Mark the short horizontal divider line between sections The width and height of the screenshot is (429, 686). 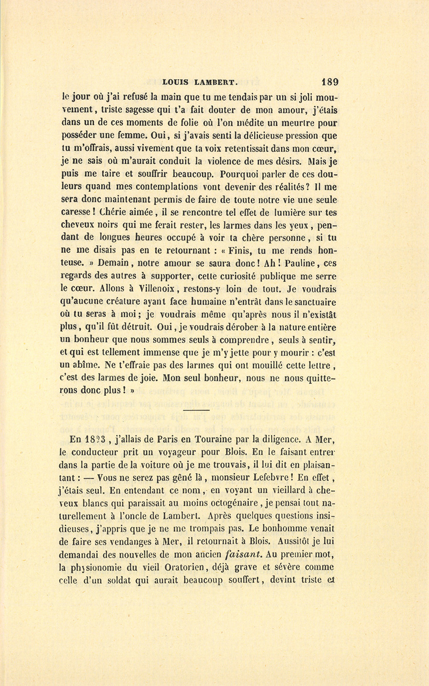[x=196, y=410]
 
